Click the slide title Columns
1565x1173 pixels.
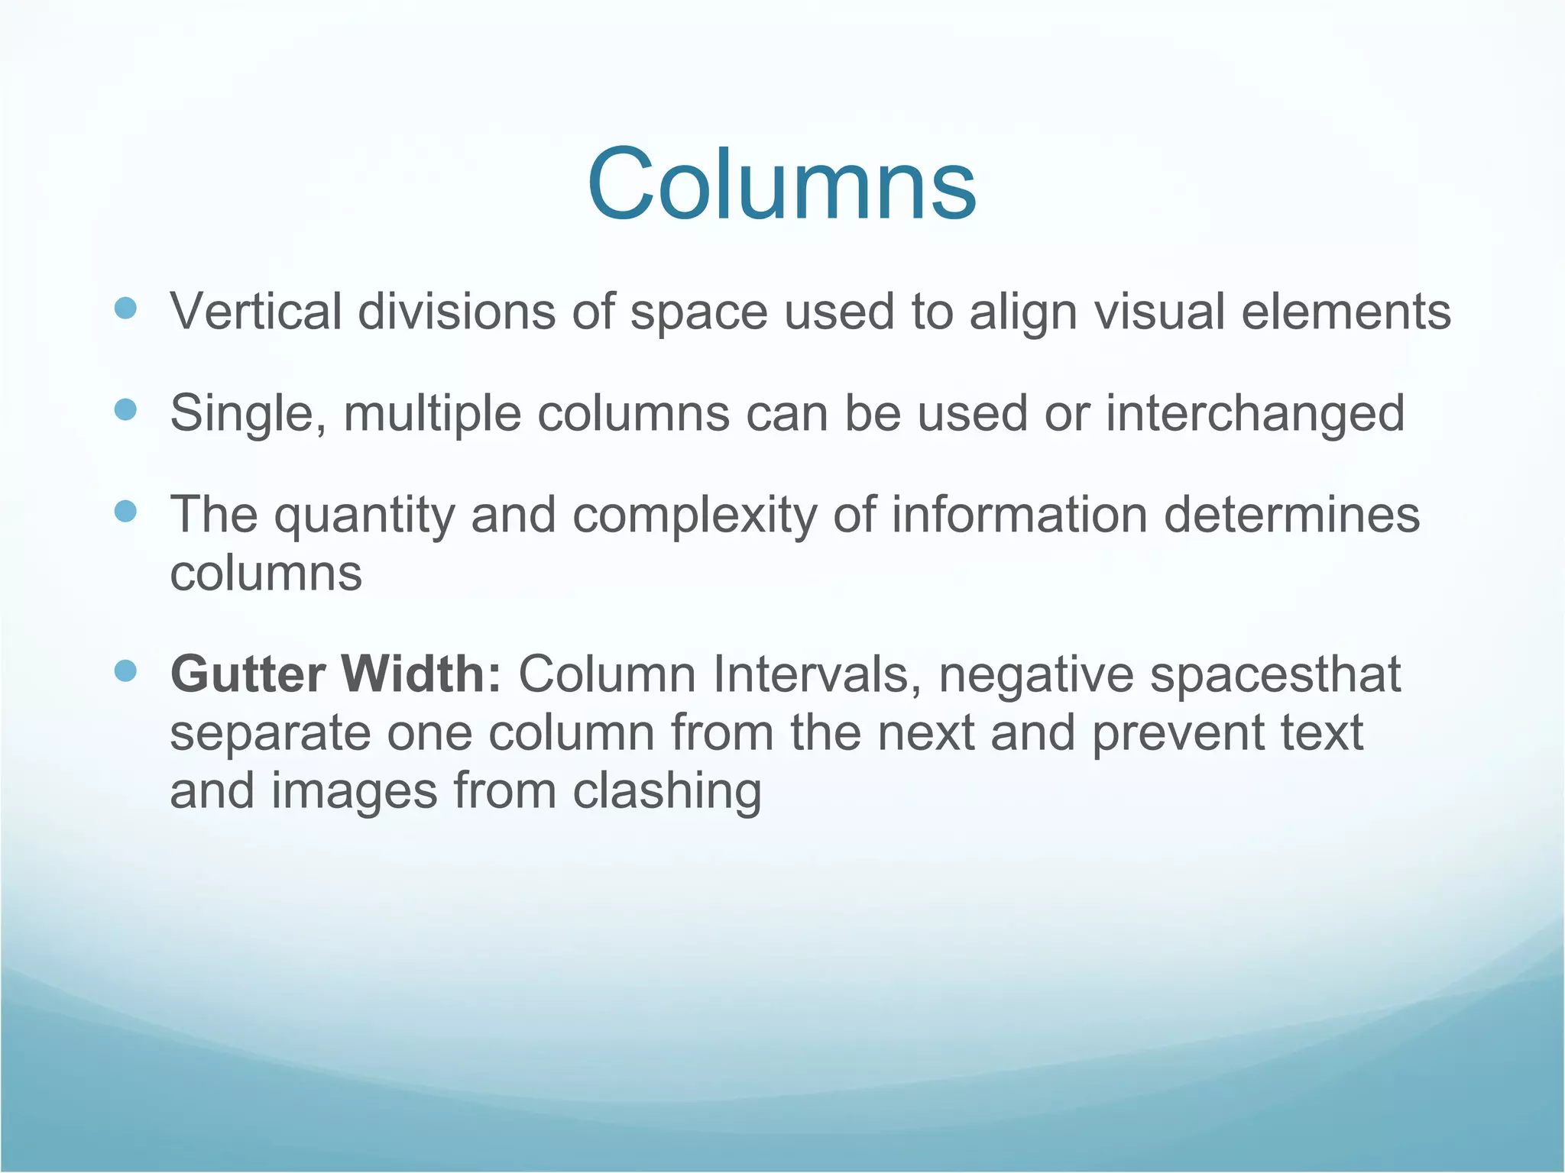pos(781,186)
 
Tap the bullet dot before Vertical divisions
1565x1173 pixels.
pos(125,309)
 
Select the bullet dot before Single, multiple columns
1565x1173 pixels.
pos(125,410)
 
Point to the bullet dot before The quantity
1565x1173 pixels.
pos(125,511)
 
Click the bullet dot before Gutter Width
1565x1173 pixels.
pos(125,671)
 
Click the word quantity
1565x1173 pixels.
pos(365,516)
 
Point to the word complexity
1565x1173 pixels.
pos(695,516)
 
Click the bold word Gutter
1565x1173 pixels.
pos(248,674)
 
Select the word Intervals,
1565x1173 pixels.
pos(816,674)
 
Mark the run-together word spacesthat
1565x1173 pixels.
pos(1275,676)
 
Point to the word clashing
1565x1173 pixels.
pos(667,792)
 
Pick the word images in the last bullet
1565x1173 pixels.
pos(355,792)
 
